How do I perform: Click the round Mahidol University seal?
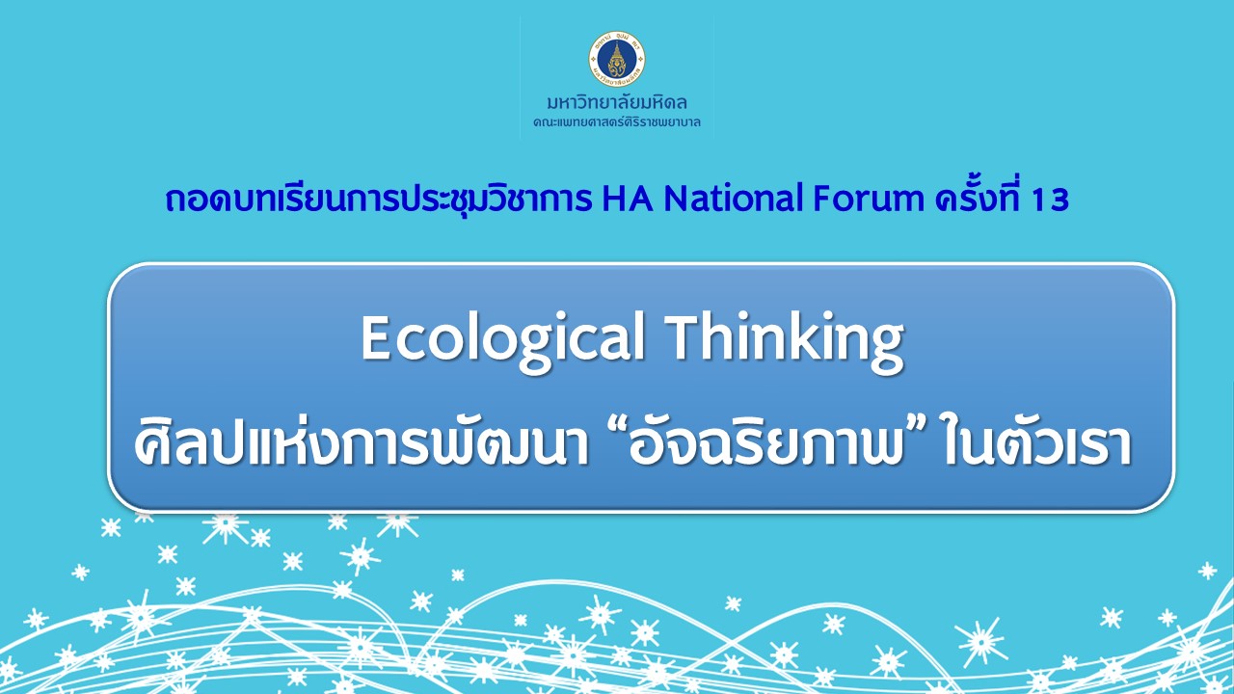616,59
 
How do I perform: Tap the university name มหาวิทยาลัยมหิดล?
616,102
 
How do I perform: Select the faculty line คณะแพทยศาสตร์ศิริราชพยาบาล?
616,122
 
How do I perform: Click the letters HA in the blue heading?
627,199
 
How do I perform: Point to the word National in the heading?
734,199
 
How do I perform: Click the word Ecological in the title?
502,341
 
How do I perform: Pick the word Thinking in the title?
785,341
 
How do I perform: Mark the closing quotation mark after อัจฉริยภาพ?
917,431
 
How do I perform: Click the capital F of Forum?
823,200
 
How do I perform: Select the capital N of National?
676,200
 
